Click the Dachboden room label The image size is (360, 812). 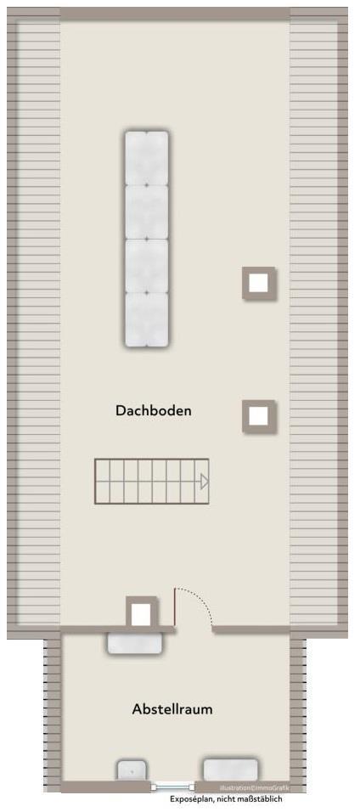point(154,410)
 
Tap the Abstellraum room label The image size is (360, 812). point(172,708)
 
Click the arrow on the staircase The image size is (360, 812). point(204,482)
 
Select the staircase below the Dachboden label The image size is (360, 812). point(151,482)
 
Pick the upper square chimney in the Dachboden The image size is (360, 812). point(259,283)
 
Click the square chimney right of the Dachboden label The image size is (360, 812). point(259,416)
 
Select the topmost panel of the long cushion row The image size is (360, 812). point(147,158)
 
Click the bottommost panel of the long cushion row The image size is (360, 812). point(147,319)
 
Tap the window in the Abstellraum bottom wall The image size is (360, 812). point(172,787)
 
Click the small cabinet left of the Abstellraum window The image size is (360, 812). point(131,770)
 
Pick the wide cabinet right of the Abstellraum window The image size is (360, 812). point(230,770)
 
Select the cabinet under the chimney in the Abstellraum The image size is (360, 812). point(134,643)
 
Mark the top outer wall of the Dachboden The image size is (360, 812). point(175,14)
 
